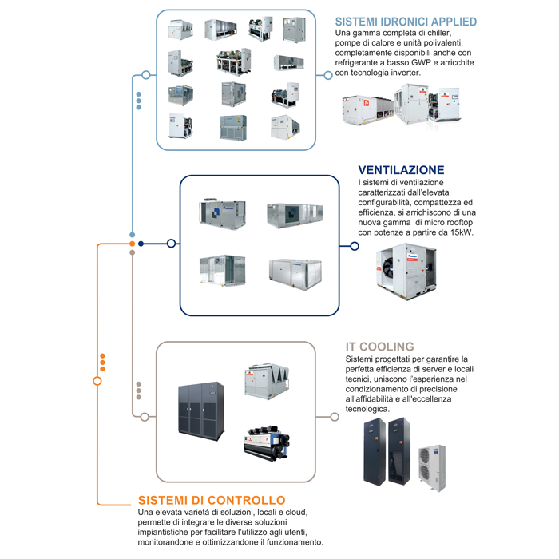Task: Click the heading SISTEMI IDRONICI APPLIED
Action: tap(406, 22)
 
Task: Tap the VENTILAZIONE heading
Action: tap(401, 170)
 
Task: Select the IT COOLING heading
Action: tap(379, 347)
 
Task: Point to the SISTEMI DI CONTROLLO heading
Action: tap(211, 501)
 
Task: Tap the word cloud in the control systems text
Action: tap(290, 512)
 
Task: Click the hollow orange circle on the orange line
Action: tap(97, 381)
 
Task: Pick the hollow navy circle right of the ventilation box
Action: tap(355, 246)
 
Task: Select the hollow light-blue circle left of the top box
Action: tap(145, 75)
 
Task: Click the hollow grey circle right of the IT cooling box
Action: tap(334, 416)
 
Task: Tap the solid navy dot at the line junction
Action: tap(141, 244)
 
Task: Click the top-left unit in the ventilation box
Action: tap(222, 212)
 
